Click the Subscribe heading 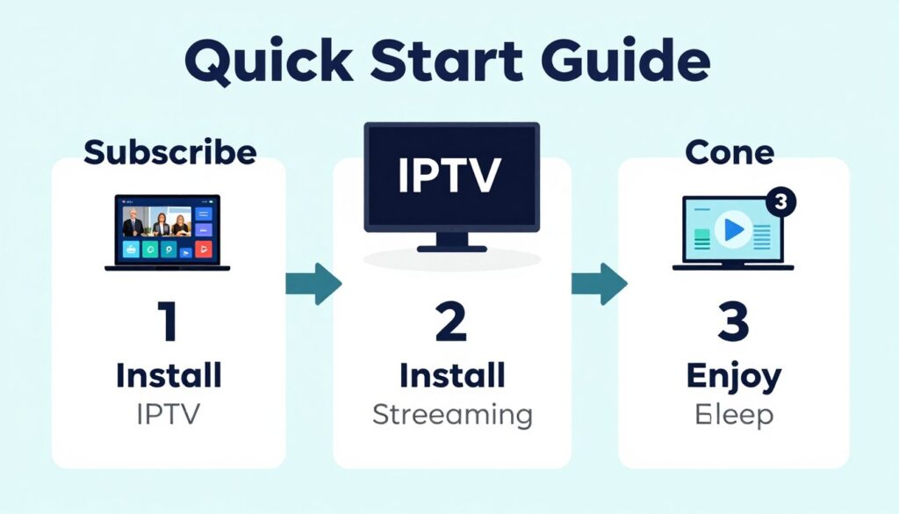click(x=169, y=152)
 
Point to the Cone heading click(x=730, y=152)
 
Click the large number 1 click(x=167, y=322)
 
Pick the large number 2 click(x=451, y=322)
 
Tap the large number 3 click(x=732, y=322)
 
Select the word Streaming click(x=452, y=414)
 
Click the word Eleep click(x=733, y=414)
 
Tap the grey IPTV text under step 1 click(x=169, y=414)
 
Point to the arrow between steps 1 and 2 click(x=313, y=284)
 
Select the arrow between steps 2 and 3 click(x=599, y=284)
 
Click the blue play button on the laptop click(x=731, y=230)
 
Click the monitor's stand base click(x=451, y=248)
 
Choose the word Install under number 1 click(x=169, y=376)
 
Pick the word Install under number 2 click(x=452, y=376)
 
